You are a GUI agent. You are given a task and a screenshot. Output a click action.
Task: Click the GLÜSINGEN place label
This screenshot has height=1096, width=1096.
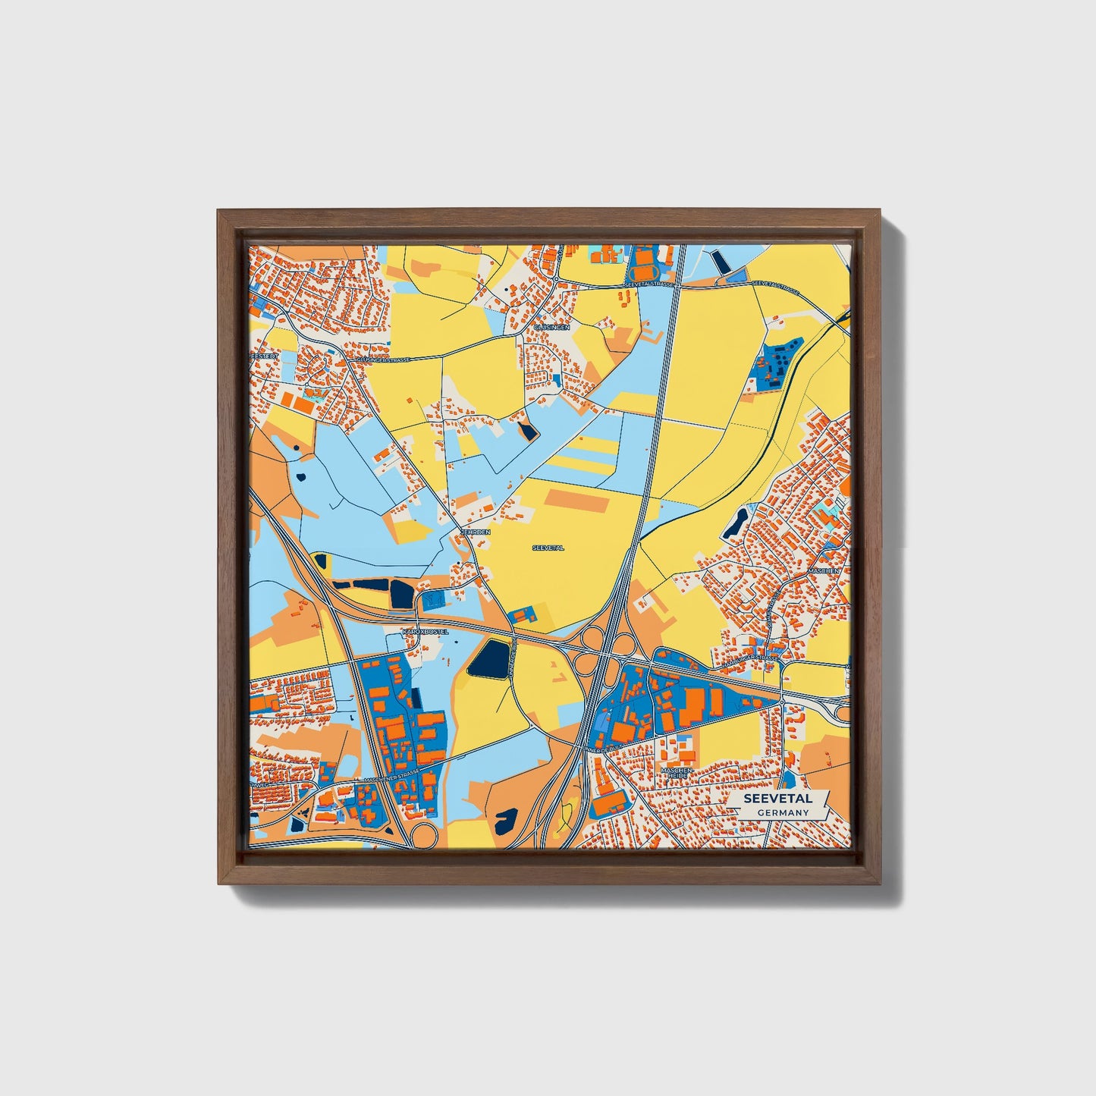(551, 327)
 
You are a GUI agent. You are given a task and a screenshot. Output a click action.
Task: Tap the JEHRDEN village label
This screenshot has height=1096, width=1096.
(476, 532)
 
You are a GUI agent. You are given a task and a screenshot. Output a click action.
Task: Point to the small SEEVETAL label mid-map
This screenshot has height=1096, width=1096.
(548, 547)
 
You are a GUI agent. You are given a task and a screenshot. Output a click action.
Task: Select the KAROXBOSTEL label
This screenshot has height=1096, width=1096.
(426, 631)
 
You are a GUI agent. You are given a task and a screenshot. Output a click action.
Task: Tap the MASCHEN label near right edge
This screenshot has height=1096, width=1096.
(823, 570)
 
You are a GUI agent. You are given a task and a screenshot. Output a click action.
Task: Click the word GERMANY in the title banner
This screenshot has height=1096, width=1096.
(783, 812)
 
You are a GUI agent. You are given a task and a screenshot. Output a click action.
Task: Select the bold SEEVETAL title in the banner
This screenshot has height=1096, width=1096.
(777, 799)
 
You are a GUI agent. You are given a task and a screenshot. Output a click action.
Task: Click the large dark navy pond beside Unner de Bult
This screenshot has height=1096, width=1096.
(489, 658)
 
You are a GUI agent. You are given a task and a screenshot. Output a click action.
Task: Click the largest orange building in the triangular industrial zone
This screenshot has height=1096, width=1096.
(691, 705)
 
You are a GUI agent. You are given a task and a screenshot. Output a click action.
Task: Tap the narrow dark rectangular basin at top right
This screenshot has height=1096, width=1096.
(721, 262)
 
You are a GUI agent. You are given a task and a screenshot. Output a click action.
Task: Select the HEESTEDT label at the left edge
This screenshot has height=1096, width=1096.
(265, 355)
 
